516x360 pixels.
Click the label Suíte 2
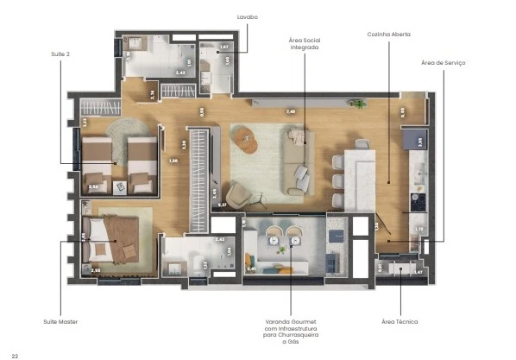[x=61, y=54]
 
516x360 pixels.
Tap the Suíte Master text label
[x=61, y=322]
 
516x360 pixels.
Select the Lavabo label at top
[x=248, y=16]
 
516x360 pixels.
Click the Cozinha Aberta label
[x=388, y=35]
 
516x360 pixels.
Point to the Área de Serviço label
[x=443, y=63]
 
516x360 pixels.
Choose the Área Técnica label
[x=400, y=322]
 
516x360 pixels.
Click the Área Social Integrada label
[x=305, y=44]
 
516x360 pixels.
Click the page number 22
[x=15, y=354]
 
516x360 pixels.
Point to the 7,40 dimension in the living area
[x=291, y=111]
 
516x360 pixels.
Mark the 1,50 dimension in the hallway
[x=173, y=161]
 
